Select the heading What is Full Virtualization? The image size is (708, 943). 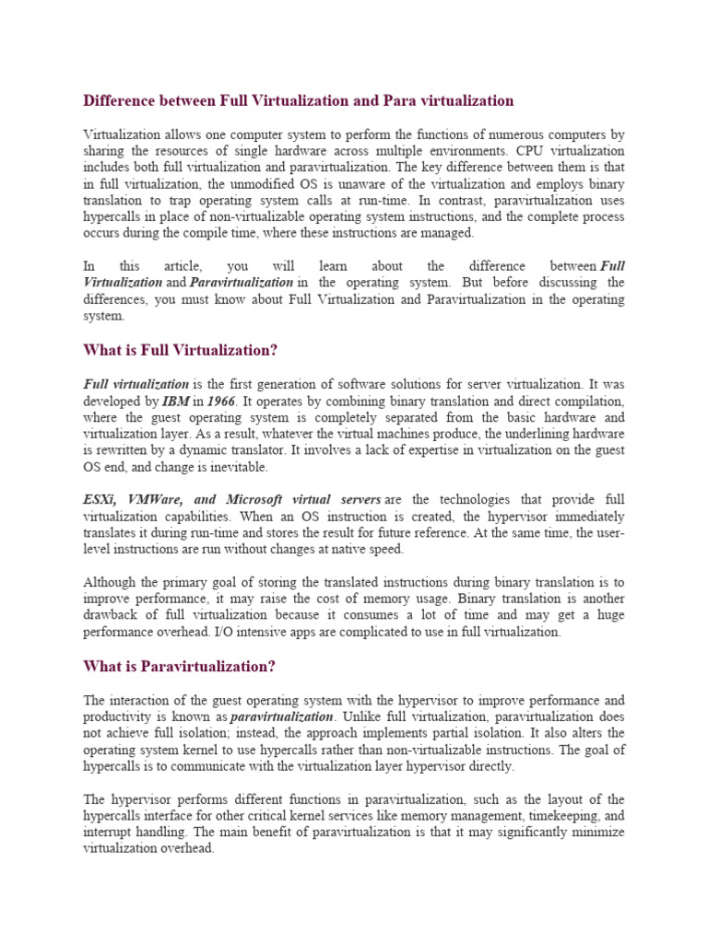pyautogui.click(x=181, y=350)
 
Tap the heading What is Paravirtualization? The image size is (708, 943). pyautogui.click(x=180, y=665)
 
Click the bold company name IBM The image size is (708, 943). pyautogui.click(x=177, y=401)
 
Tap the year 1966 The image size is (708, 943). pyautogui.click(x=221, y=401)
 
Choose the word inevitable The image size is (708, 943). pyautogui.click(x=236, y=467)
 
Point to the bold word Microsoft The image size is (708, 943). pyautogui.click(x=259, y=499)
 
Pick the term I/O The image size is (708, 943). pyautogui.click(x=225, y=632)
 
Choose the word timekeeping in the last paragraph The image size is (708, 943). pyautogui.click(x=560, y=815)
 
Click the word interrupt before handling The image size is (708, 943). pyautogui.click(x=108, y=832)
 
